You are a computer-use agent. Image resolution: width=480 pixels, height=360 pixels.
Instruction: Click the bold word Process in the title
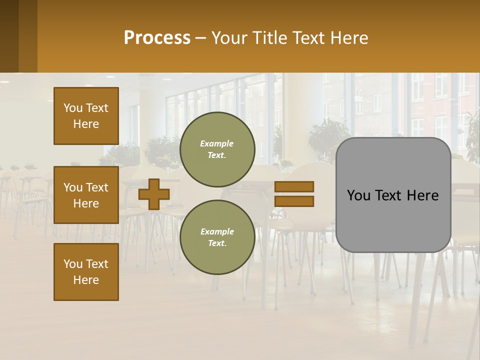tap(157, 38)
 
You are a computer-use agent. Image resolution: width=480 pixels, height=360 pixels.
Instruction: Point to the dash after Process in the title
tap(201, 38)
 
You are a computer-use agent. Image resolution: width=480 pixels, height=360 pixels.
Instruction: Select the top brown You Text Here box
tap(86, 116)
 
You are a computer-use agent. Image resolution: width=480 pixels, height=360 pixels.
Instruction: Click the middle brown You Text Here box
tap(86, 195)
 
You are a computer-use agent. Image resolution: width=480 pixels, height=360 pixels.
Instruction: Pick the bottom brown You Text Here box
tap(86, 272)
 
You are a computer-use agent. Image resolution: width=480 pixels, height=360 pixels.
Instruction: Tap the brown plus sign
tap(154, 194)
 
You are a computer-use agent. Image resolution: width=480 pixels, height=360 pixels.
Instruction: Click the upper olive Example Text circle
tap(217, 149)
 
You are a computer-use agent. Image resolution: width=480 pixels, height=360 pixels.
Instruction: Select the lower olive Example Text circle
tap(217, 237)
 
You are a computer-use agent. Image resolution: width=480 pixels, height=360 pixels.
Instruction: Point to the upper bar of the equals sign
tap(294, 186)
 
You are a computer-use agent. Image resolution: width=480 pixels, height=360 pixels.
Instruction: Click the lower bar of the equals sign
tap(294, 201)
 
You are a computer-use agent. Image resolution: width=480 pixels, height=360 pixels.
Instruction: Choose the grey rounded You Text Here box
tap(393, 195)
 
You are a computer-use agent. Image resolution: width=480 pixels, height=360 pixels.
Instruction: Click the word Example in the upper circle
tap(217, 143)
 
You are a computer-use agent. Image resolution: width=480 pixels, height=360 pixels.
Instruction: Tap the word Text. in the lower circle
tap(217, 243)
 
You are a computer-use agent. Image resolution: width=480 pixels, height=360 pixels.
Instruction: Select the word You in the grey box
tap(358, 195)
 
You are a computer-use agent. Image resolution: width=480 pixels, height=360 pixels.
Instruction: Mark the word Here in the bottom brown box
tap(86, 280)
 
